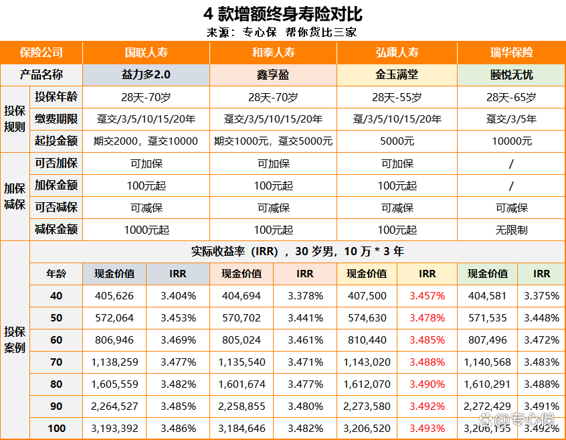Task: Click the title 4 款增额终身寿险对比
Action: (x=282, y=14)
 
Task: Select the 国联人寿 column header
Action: (x=146, y=52)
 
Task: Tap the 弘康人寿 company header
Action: (x=397, y=52)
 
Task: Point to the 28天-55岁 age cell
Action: (x=397, y=97)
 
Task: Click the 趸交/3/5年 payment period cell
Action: (x=511, y=119)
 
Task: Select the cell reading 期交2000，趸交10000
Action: (x=146, y=141)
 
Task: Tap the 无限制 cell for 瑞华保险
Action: (x=511, y=230)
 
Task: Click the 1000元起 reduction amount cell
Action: (x=146, y=230)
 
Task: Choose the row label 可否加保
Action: (x=56, y=163)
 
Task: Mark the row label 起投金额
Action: (x=56, y=141)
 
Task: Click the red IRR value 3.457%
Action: (x=427, y=295)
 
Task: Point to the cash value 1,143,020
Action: (x=367, y=362)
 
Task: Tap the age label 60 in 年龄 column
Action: (x=56, y=340)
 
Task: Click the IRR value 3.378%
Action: (x=305, y=295)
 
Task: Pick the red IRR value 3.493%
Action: (x=427, y=428)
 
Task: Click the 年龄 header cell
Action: (x=56, y=273)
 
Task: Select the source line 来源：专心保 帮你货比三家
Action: (x=282, y=32)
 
